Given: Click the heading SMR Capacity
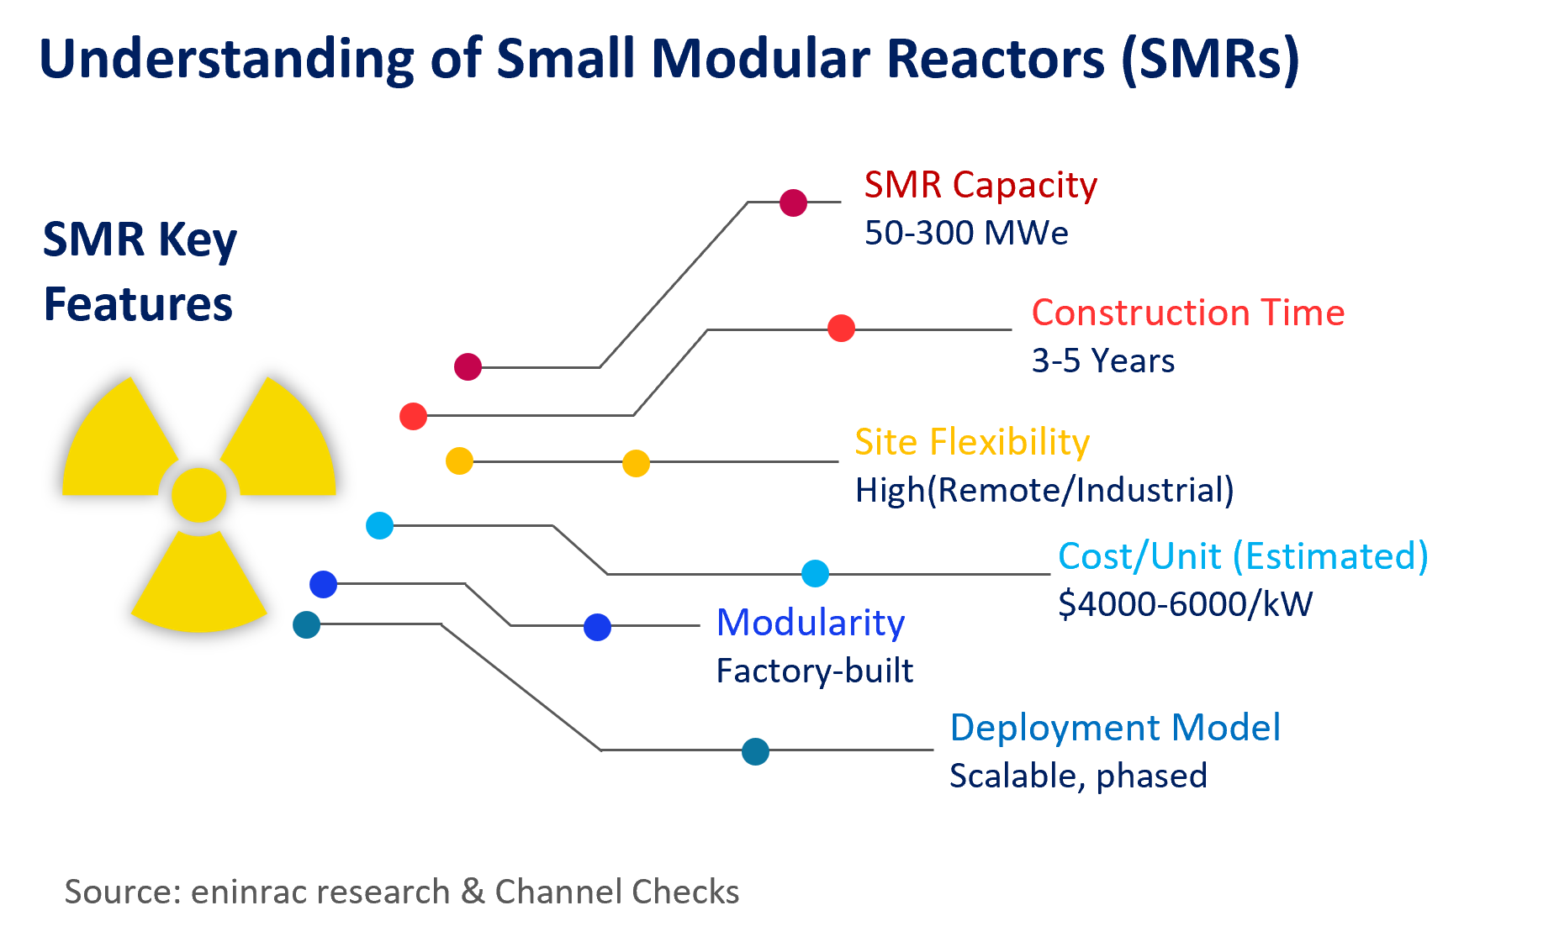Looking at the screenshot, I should tap(980, 186).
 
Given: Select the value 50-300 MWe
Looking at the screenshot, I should tap(966, 233).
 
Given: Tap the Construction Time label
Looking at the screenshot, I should tap(1187, 313).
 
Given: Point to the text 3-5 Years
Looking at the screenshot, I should tap(1102, 361).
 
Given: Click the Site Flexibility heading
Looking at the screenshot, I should tap(971, 442).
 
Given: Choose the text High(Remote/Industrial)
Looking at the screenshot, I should tap(1044, 490).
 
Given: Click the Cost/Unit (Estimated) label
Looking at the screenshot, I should tap(1242, 556).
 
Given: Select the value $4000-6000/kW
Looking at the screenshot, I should tap(1185, 604).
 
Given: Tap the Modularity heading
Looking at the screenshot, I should tap(810, 623).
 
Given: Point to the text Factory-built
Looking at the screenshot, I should tap(814, 671).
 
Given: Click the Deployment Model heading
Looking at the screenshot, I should tap(1114, 728).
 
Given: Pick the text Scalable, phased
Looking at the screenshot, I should tap(1077, 776).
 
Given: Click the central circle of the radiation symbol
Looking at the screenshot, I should tap(199, 495).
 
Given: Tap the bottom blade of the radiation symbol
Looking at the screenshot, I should tap(199, 588).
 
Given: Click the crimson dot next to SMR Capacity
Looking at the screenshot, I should tap(793, 203).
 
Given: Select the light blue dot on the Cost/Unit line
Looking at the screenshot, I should tap(815, 574).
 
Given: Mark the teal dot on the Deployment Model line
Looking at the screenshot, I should tap(755, 751).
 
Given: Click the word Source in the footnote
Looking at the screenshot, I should tap(121, 892).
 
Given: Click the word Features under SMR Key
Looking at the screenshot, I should tap(138, 304).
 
